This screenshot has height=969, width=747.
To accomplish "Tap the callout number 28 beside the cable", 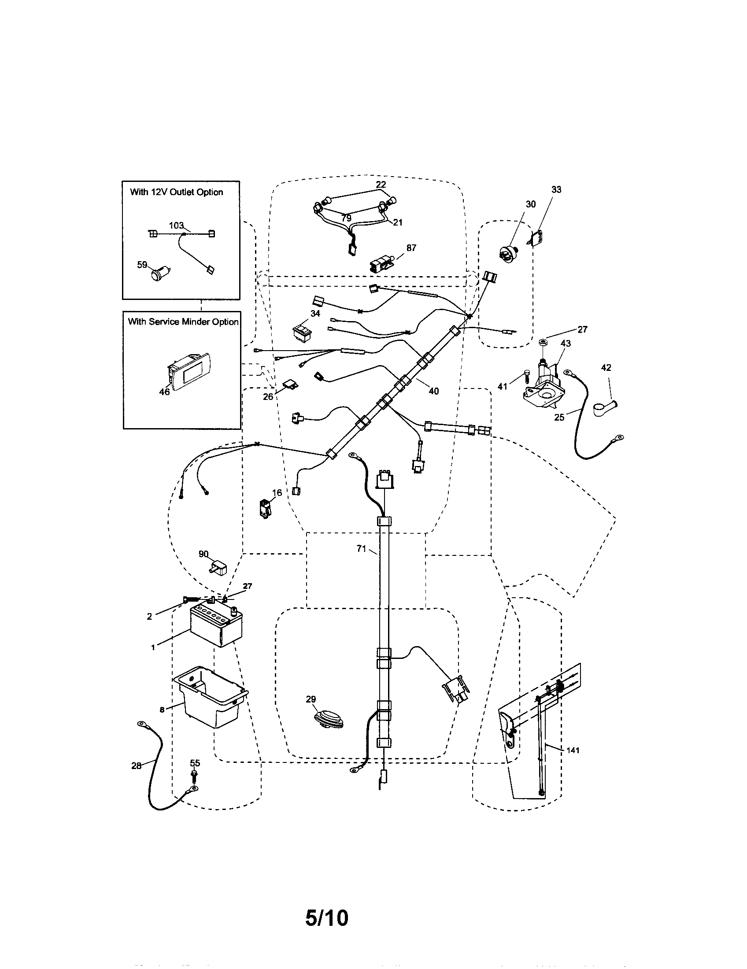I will click(137, 766).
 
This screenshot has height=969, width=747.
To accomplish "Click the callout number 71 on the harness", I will click(361, 549).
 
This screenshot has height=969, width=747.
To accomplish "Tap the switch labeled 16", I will click(266, 508).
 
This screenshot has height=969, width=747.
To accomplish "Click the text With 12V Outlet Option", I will click(176, 192).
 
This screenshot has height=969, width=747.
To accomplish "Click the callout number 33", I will click(556, 189).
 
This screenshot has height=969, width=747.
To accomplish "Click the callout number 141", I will click(573, 750).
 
